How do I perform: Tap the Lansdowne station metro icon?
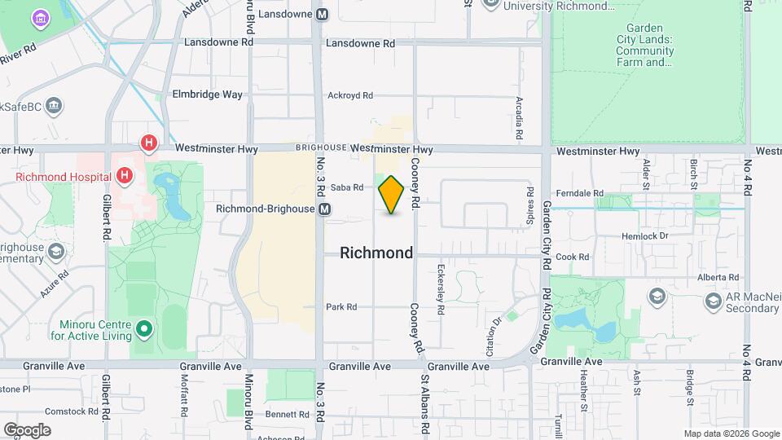point(323,14)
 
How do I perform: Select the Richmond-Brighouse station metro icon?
point(325,209)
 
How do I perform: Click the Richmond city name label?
point(376,253)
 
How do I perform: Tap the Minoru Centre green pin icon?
point(144,329)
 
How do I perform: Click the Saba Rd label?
point(347,187)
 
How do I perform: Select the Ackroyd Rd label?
point(349,95)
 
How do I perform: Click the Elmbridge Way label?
point(207,94)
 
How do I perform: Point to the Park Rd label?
point(341,307)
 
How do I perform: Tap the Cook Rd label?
point(572,257)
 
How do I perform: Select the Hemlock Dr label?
point(644,235)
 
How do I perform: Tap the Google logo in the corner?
point(26,429)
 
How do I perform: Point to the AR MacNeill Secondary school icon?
point(657,295)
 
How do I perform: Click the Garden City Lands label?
point(644,45)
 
